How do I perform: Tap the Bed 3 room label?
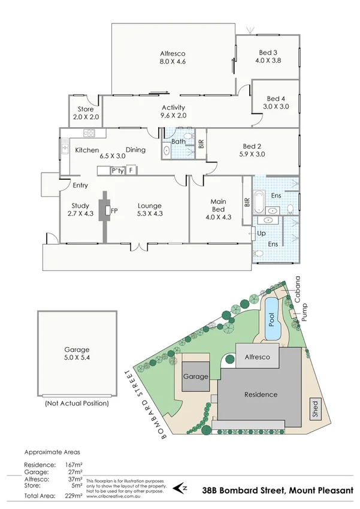pos(267,56)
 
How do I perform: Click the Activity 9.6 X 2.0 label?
pos(173,112)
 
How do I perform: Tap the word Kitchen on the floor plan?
pos(87,150)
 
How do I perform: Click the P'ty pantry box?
pos(117,170)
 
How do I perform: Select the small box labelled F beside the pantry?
pos(131,170)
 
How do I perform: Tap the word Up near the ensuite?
pos(261,233)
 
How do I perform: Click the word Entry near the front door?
pos(80,185)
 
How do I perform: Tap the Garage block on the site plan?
pos(196,377)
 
